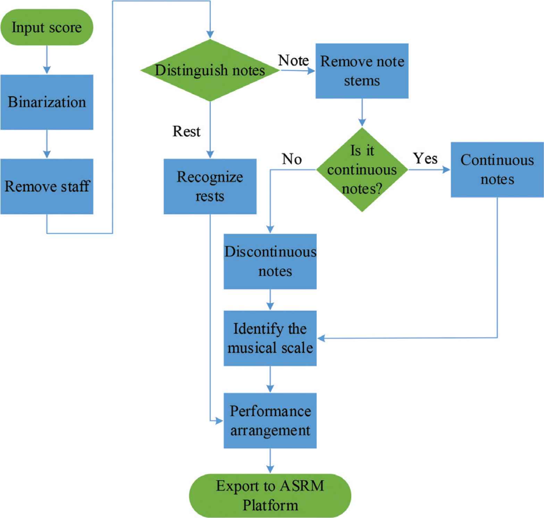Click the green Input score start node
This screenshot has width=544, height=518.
pyautogui.click(x=47, y=27)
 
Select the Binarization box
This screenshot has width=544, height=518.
pyautogui.click(x=47, y=102)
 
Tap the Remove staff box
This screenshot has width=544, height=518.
pyautogui.click(x=47, y=186)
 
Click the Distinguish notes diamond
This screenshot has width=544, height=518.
pyautogui.click(x=210, y=70)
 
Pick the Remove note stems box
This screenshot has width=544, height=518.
pyautogui.click(x=362, y=71)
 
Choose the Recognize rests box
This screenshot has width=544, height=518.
pyautogui.click(x=210, y=186)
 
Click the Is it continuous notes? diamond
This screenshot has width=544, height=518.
pyautogui.click(x=362, y=170)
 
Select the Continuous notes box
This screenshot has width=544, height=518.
pyautogui.click(x=497, y=170)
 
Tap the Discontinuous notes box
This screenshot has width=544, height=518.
pyautogui.click(x=270, y=261)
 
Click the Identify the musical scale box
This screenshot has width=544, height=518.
pyautogui.click(x=270, y=338)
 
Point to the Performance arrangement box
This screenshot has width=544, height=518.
pyautogui.click(x=270, y=420)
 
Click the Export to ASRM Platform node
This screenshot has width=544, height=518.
pyautogui.click(x=270, y=495)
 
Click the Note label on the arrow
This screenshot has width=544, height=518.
pyautogui.click(x=293, y=60)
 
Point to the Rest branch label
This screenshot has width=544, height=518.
pyautogui.click(x=186, y=131)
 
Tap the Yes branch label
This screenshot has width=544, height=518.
pyautogui.click(x=425, y=158)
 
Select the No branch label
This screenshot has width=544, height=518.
pyautogui.click(x=292, y=159)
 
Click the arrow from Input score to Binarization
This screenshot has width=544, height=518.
pyautogui.click(x=47, y=59)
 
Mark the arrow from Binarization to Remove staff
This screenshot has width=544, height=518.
pyautogui.click(x=47, y=144)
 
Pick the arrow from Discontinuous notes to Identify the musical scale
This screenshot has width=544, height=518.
pyautogui.click(x=270, y=300)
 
